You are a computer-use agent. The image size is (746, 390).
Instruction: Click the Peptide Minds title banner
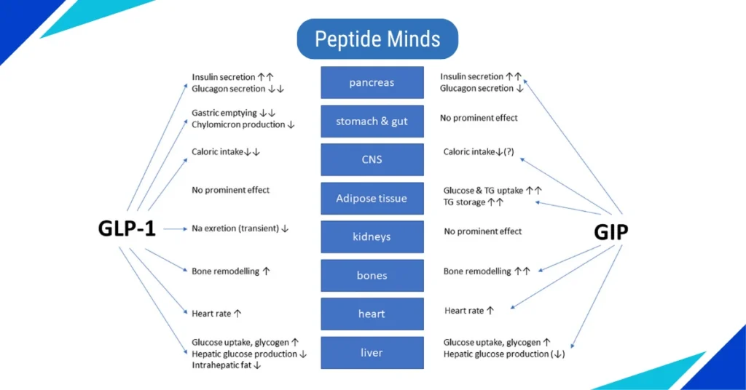point(377,39)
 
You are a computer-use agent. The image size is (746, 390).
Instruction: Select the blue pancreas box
point(372,82)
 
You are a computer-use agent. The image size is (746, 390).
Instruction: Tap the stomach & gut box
point(372,121)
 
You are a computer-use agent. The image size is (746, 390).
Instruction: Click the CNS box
point(372,159)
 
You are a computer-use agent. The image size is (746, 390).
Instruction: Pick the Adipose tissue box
point(372,198)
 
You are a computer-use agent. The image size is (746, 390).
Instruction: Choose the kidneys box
point(372,236)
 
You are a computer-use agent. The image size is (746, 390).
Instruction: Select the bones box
point(372,275)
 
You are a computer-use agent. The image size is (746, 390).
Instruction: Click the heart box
point(372,314)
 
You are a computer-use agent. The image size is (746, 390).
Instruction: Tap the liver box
point(372,352)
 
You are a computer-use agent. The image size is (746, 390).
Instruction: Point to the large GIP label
point(610,231)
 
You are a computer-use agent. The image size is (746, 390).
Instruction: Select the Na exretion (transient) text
point(235,228)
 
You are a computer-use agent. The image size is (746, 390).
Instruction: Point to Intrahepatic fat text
point(221,365)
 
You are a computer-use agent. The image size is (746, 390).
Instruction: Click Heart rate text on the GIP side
point(464,311)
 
